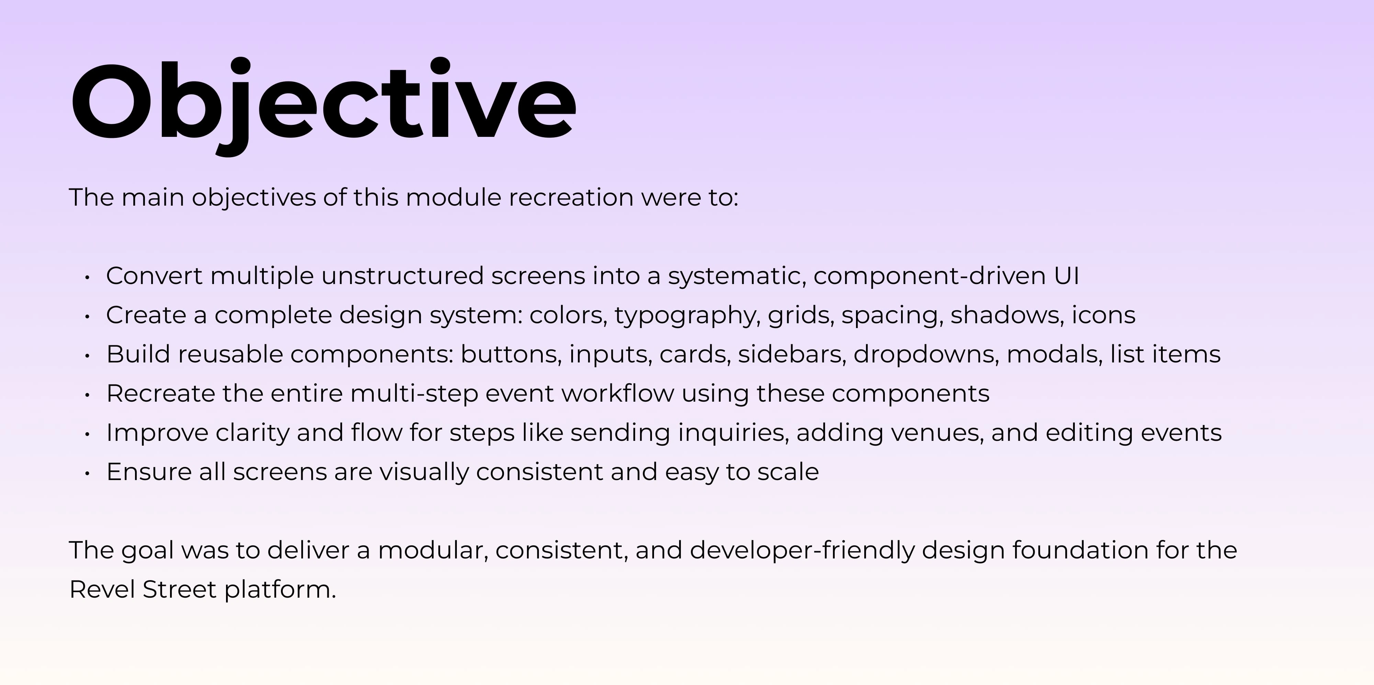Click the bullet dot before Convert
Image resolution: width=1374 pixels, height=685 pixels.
87,277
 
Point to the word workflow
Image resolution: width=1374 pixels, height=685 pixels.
618,393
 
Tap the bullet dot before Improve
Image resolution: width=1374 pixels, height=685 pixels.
87,434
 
